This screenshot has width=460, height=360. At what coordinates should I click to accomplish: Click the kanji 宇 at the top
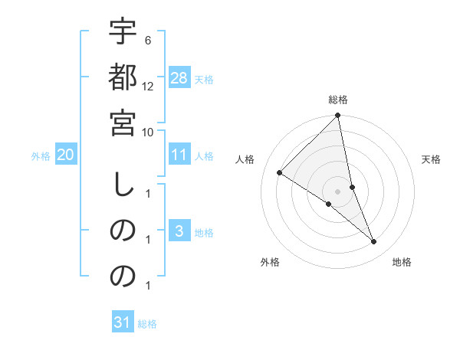tap(122, 32)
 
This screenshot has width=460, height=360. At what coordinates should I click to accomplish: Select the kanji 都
tap(122, 78)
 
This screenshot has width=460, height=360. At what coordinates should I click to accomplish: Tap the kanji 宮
tap(122, 123)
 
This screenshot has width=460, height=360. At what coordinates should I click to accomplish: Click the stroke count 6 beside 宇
tap(147, 40)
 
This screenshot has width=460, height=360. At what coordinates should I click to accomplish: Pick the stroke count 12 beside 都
tap(148, 86)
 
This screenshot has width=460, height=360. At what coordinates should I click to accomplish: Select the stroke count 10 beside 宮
tap(148, 131)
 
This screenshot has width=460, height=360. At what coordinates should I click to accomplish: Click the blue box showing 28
tap(179, 79)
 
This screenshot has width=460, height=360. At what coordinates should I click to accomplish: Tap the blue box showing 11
tap(179, 155)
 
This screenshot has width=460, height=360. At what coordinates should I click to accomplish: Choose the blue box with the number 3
tap(179, 231)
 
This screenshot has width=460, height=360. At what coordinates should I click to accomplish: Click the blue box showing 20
tap(65, 155)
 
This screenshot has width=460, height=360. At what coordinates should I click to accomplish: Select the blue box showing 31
tap(123, 322)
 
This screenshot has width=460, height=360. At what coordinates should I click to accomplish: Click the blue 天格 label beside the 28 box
tap(204, 80)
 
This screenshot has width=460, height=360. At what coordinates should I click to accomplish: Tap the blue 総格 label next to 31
tap(147, 324)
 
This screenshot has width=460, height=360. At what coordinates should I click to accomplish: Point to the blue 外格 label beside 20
tap(41, 156)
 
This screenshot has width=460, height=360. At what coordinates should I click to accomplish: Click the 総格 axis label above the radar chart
tap(338, 100)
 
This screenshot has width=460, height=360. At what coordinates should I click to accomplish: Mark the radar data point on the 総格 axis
tap(337, 116)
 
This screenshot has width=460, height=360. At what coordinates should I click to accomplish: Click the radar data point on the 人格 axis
tap(279, 173)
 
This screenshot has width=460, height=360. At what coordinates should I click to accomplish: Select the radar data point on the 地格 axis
tap(374, 241)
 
